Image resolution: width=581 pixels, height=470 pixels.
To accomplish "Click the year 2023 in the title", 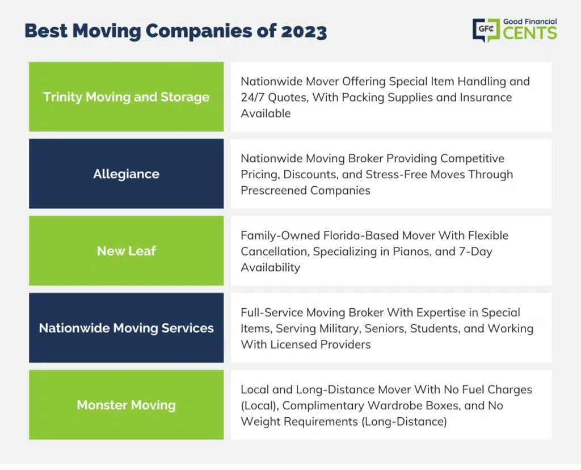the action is click(x=304, y=31).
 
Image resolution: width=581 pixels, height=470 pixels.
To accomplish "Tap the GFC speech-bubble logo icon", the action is click(x=486, y=30).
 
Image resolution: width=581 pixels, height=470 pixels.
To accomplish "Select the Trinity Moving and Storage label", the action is click(x=127, y=96).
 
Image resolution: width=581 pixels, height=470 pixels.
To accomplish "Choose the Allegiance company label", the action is click(x=127, y=174).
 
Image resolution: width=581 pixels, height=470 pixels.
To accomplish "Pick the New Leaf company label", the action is click(x=127, y=251).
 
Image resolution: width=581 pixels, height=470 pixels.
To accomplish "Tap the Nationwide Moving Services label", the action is click(x=127, y=328).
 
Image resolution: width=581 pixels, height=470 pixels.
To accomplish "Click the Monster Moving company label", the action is click(x=127, y=405).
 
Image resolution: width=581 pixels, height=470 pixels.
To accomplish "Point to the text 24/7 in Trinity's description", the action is click(x=252, y=98).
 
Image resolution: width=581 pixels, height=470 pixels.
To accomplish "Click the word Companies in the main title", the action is click(x=199, y=31).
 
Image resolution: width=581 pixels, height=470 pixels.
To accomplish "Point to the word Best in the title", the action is click(x=47, y=31).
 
